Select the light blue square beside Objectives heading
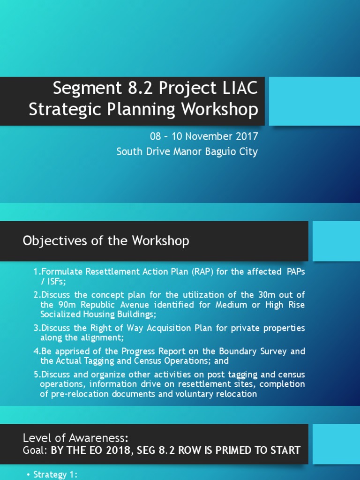pyautogui.click(x=336, y=241)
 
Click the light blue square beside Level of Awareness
pyautogui.click(x=336, y=444)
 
